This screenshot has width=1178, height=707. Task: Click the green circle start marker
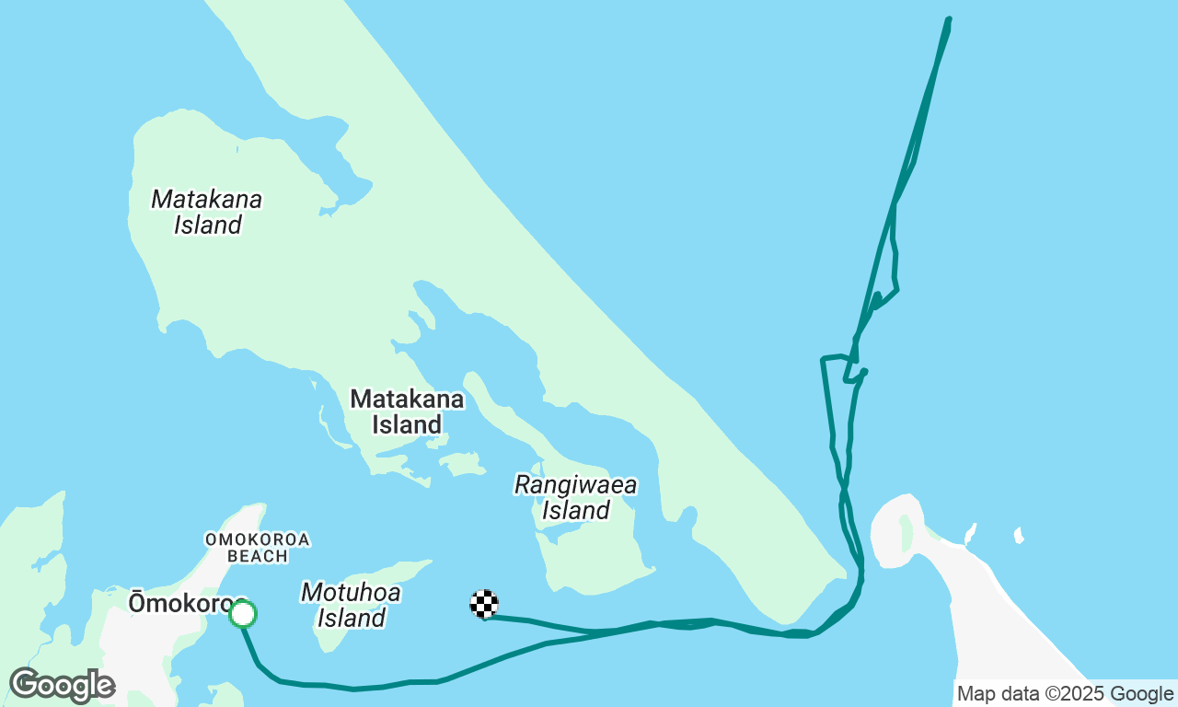point(242,613)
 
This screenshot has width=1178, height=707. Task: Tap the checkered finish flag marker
point(484,603)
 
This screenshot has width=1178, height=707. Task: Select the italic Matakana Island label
point(207,212)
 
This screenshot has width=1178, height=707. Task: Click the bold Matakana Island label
point(407,411)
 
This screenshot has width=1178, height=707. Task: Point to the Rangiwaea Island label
point(575,497)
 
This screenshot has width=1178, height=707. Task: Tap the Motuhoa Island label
point(351,605)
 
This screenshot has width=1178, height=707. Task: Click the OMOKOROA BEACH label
point(257,548)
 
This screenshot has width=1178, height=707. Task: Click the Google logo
point(62,685)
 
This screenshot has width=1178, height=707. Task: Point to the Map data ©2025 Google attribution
point(1065,694)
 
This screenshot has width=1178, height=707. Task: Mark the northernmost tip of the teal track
point(949,18)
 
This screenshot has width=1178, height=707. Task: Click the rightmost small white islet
point(1019,535)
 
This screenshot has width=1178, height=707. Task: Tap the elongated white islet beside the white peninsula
point(969,533)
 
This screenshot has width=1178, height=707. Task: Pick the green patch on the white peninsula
point(906,533)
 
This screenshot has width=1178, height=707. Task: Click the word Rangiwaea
point(575,484)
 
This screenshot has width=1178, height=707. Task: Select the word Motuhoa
point(351,592)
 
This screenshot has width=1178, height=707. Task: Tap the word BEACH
point(257,556)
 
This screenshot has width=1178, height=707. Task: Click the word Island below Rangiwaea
point(575,510)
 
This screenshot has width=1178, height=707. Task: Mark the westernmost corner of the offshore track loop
point(822,359)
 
